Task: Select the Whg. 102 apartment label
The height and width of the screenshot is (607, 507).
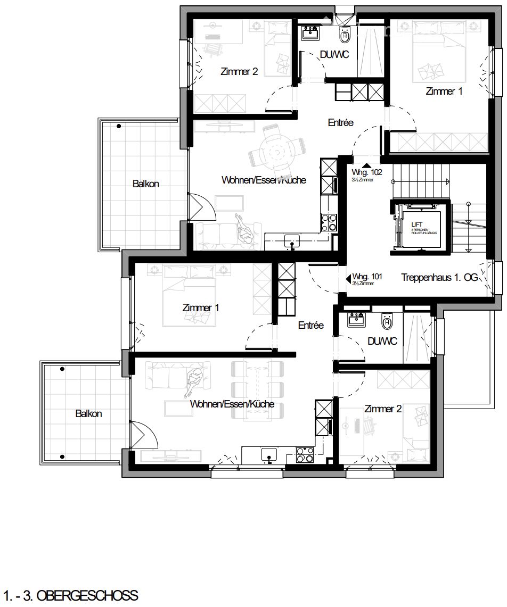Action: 366,172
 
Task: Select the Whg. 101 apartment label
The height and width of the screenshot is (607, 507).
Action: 367,277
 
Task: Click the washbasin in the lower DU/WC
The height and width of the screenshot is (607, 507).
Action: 356,320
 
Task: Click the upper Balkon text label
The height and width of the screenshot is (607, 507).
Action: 145,184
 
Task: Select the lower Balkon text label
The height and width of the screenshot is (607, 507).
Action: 88,413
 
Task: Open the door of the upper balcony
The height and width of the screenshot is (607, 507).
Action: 202,207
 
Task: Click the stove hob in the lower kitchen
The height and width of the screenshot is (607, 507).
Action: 305,455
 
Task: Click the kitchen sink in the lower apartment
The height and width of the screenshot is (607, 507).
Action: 268,455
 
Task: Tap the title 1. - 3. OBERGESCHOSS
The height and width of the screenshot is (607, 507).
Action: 70,595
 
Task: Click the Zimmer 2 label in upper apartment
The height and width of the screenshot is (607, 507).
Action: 239,71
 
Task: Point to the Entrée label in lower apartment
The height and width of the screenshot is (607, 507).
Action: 310,325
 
